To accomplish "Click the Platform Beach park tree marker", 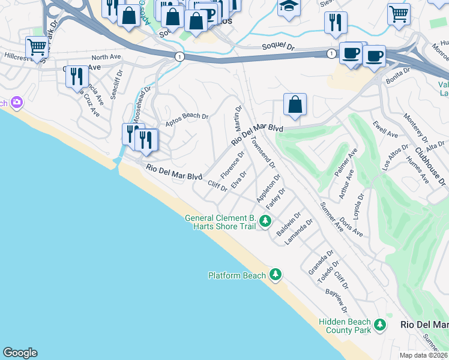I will (x=276, y=274).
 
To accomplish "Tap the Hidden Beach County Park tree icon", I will (x=379, y=325).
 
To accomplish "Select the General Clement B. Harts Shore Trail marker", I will (x=265, y=223).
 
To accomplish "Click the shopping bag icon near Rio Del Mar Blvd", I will (x=295, y=104).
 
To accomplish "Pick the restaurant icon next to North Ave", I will (x=76, y=76).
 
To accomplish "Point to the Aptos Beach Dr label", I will (x=187, y=116).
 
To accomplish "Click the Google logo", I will (x=20, y=353).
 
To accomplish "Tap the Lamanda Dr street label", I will (x=300, y=231).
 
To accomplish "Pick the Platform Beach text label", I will (x=237, y=275).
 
